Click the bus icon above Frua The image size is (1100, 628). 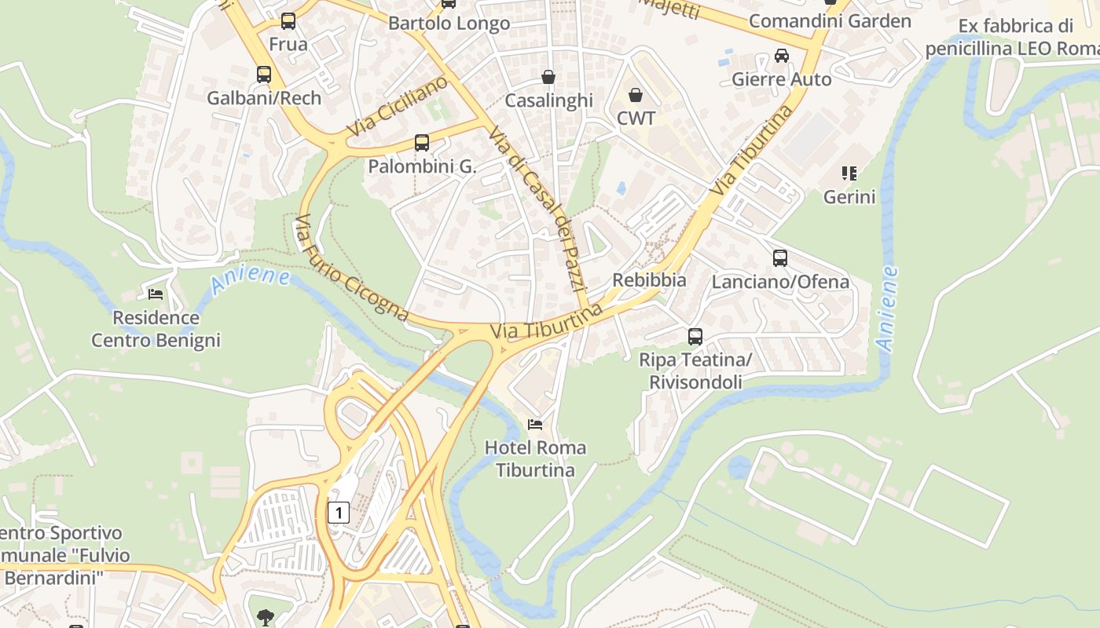pyautogui.click(x=288, y=21)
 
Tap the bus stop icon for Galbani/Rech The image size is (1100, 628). pyautogui.click(x=264, y=75)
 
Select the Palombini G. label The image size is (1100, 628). pyautogui.click(x=422, y=166)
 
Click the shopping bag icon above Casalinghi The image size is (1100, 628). pyautogui.click(x=548, y=77)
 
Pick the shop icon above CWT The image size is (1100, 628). pyautogui.click(x=636, y=95)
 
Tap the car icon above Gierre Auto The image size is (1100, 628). pyautogui.click(x=781, y=56)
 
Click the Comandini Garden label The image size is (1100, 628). pyautogui.click(x=830, y=21)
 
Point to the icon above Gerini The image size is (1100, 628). pyautogui.click(x=849, y=173)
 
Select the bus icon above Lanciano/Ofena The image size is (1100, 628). pyautogui.click(x=780, y=258)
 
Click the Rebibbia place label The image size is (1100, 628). pyautogui.click(x=649, y=280)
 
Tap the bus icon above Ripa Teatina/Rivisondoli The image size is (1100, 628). pyautogui.click(x=695, y=337)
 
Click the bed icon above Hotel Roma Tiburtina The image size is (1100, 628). pyautogui.click(x=535, y=425)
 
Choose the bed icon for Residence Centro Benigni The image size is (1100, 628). pyautogui.click(x=156, y=294)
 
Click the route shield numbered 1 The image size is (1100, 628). pyautogui.click(x=338, y=513)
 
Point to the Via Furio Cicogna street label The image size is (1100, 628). pyautogui.click(x=350, y=268)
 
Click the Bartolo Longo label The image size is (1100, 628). pyautogui.click(x=449, y=24)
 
